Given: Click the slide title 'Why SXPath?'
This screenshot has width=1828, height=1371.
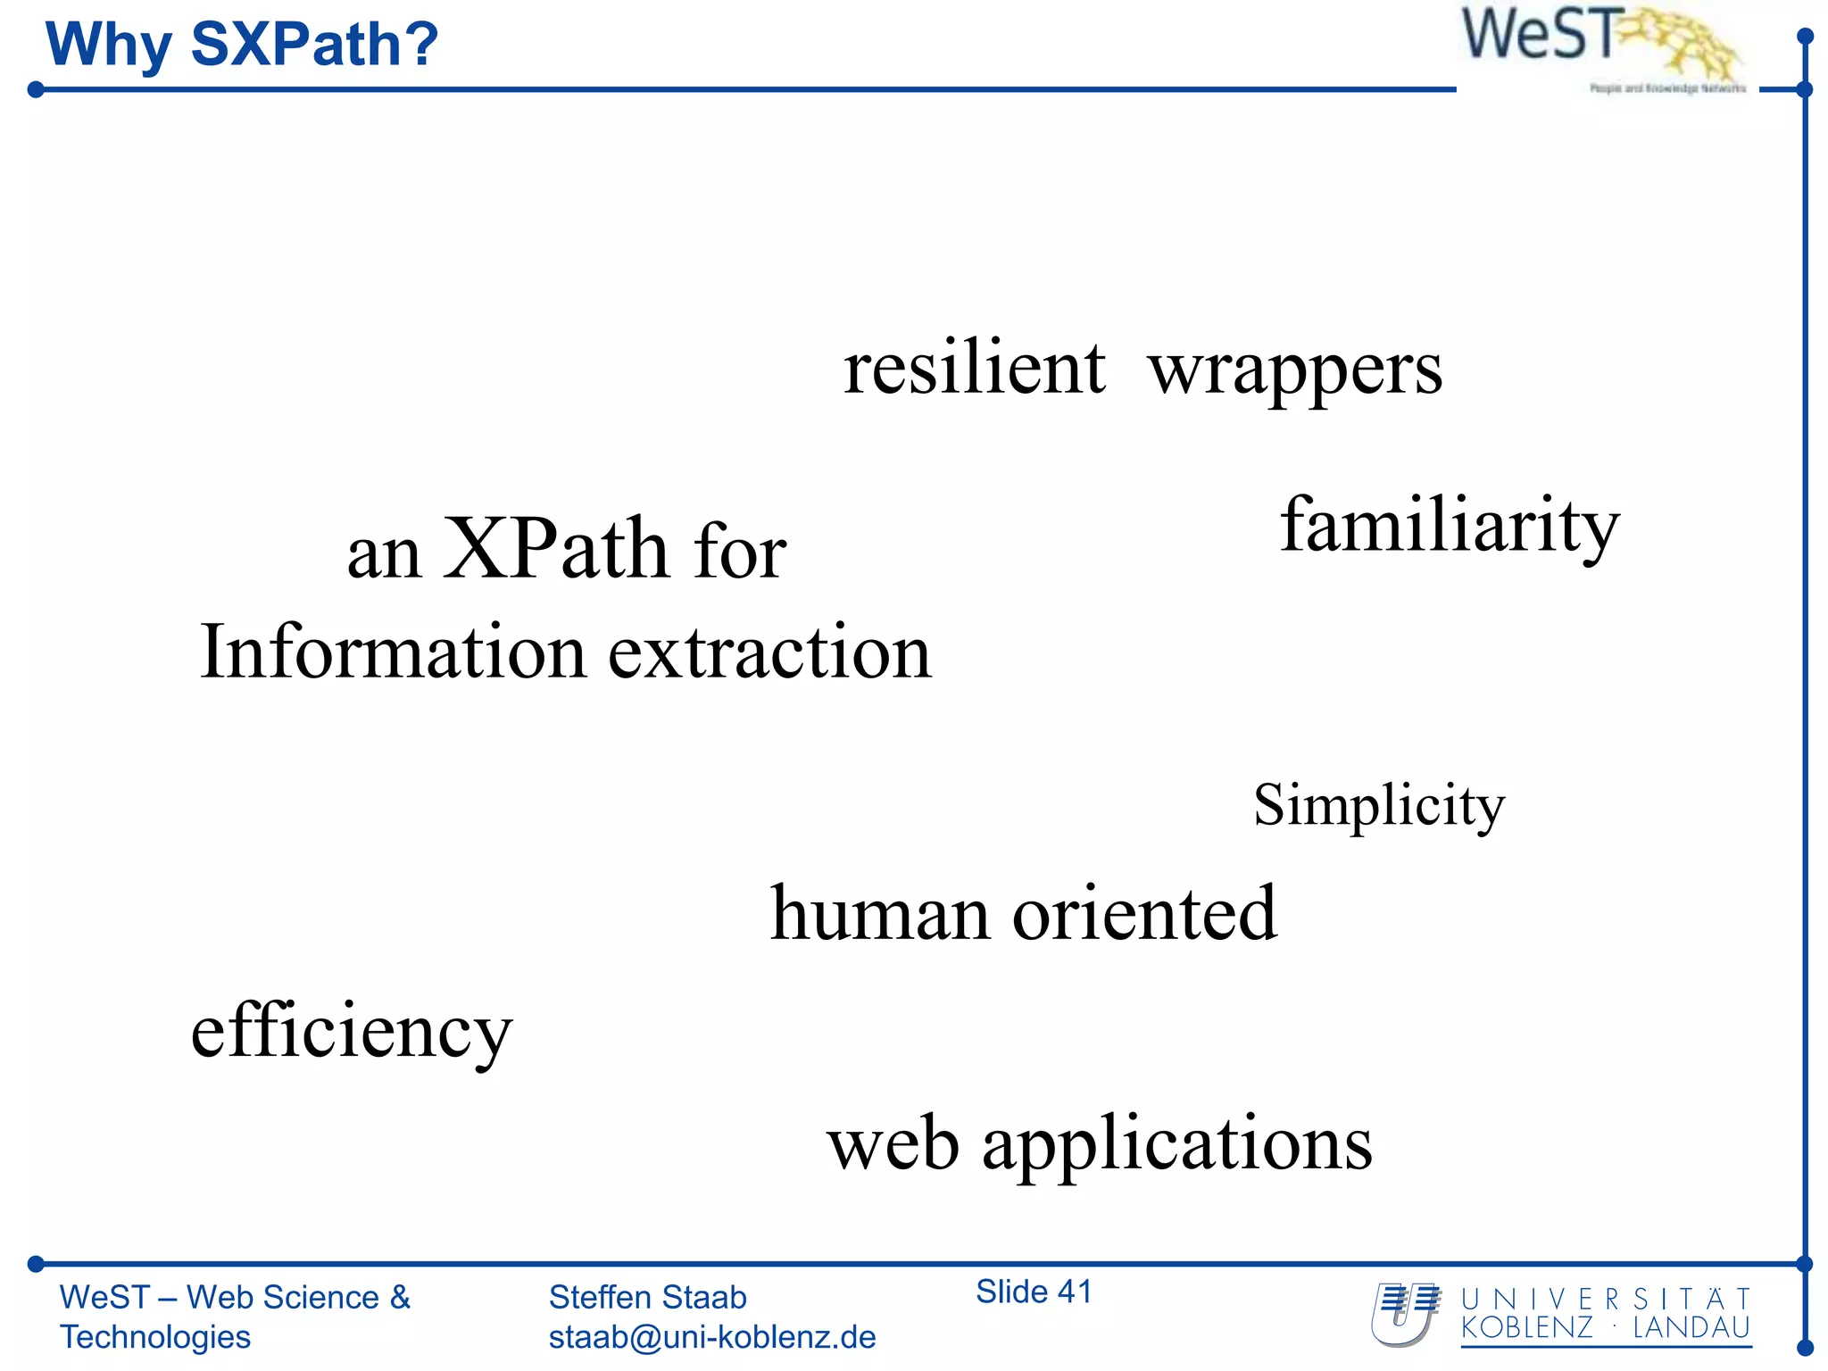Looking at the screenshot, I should point(242,45).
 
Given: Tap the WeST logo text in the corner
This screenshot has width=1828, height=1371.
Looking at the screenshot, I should point(1538,36).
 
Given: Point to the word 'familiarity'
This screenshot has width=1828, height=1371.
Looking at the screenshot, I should point(1450,526).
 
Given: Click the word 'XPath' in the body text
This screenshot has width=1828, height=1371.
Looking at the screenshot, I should point(555,550).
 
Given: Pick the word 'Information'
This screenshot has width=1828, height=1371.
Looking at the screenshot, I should point(392,652).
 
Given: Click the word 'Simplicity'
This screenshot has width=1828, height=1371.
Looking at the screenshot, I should point(1379,806).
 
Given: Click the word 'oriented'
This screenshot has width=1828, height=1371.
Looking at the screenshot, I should point(1144,914).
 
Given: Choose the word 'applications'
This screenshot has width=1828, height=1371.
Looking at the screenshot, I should point(1176,1146).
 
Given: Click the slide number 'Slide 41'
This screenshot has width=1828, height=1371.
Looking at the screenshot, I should point(1034,1292).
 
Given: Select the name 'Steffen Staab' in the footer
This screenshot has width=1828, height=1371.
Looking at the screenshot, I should point(647,1297).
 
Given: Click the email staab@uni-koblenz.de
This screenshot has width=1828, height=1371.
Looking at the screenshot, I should point(711,1337).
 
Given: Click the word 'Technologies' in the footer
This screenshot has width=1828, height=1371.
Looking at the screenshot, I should point(155,1337).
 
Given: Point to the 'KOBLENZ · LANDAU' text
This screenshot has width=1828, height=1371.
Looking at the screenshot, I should point(1605,1328).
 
